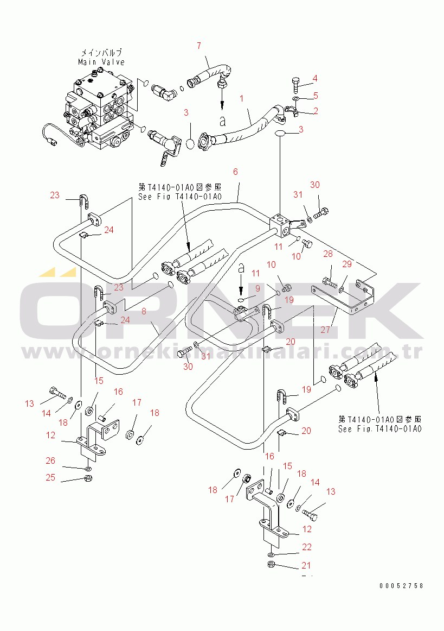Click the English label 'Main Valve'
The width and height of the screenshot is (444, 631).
pos(101,62)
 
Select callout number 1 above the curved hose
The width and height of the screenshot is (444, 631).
pos(242,99)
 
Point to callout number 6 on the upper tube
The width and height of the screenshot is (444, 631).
pos(235,172)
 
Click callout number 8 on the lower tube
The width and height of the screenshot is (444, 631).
pos(144,312)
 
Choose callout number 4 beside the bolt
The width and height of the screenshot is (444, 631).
pos(314,79)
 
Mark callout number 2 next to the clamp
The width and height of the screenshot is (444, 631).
pos(314,111)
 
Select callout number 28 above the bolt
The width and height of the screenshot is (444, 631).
pos(329,254)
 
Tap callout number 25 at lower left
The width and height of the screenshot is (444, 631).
pos(50,478)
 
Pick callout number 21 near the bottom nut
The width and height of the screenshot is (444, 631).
pos(307,566)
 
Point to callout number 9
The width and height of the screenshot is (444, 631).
pos(258,287)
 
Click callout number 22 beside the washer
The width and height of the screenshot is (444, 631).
pos(307,547)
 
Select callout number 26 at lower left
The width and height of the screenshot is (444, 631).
pos(50,460)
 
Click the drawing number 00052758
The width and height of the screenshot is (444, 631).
pos(401,586)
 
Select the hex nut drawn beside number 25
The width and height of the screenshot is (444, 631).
pos(89,478)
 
